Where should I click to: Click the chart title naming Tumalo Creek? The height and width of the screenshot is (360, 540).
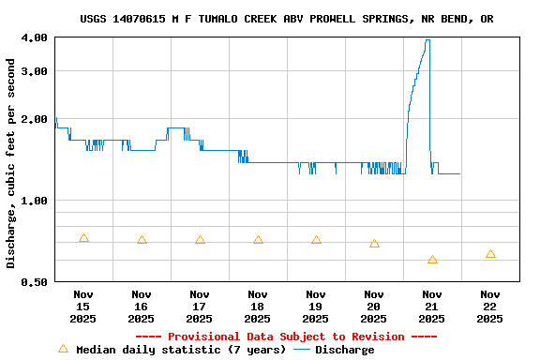(x=287, y=19)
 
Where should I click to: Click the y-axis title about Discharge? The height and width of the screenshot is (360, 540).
(x=11, y=163)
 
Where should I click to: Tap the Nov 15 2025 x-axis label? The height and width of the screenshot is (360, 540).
(x=83, y=306)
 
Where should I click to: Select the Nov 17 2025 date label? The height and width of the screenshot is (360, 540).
(x=200, y=306)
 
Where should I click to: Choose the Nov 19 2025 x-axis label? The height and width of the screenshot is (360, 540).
(x=316, y=306)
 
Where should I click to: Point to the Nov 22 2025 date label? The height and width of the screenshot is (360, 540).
(x=490, y=306)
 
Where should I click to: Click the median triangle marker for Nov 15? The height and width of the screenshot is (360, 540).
(x=83, y=238)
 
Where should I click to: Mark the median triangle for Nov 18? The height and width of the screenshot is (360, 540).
(x=258, y=240)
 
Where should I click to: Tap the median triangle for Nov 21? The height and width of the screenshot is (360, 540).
(x=432, y=260)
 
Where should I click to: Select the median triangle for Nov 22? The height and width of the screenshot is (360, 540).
(x=490, y=254)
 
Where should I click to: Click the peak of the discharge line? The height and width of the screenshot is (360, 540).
(x=427, y=40)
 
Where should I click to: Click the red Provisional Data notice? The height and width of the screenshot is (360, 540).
(x=286, y=337)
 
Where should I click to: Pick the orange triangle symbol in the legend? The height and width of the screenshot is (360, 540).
(x=64, y=349)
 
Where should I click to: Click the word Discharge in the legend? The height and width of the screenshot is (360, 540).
(x=344, y=350)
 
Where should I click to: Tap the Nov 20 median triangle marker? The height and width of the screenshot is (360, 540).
(x=374, y=244)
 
